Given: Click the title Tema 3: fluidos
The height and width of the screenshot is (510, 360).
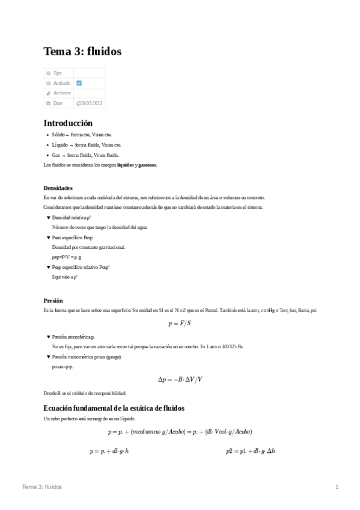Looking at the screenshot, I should point(82,52).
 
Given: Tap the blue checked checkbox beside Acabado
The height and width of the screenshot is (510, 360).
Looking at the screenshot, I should point(79,83).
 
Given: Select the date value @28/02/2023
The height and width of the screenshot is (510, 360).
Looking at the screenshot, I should point(89,103).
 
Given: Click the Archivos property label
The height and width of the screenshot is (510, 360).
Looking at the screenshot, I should point(61,93).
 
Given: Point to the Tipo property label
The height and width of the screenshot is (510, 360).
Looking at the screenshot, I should point(57,73).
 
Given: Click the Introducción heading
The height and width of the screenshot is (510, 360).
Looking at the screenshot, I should point(68,123).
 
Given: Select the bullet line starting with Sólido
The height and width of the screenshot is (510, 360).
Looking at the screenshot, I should point(82,135).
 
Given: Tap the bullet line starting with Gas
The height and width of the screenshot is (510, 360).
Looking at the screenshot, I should point(81,155).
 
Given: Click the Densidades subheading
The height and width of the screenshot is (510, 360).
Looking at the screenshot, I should point(58,188).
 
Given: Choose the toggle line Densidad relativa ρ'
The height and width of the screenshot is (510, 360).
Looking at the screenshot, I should point(72,217).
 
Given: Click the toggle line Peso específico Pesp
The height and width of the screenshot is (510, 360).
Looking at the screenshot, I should point(72,238).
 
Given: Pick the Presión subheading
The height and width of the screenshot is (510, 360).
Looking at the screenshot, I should point(53,300).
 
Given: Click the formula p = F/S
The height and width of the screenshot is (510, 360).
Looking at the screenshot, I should point(179,324).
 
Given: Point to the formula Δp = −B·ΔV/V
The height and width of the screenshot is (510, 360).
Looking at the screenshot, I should point(180,379).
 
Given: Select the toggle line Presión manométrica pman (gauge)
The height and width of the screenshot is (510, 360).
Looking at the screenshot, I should point(87,357).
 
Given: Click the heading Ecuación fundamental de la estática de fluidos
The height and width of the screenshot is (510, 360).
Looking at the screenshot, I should point(114,408).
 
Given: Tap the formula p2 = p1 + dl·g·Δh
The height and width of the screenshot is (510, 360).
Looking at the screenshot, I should point(250,450).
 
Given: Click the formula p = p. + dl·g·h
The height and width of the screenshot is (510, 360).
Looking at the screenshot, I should point(109,450).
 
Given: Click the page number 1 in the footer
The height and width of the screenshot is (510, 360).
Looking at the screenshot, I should point(337,487).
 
